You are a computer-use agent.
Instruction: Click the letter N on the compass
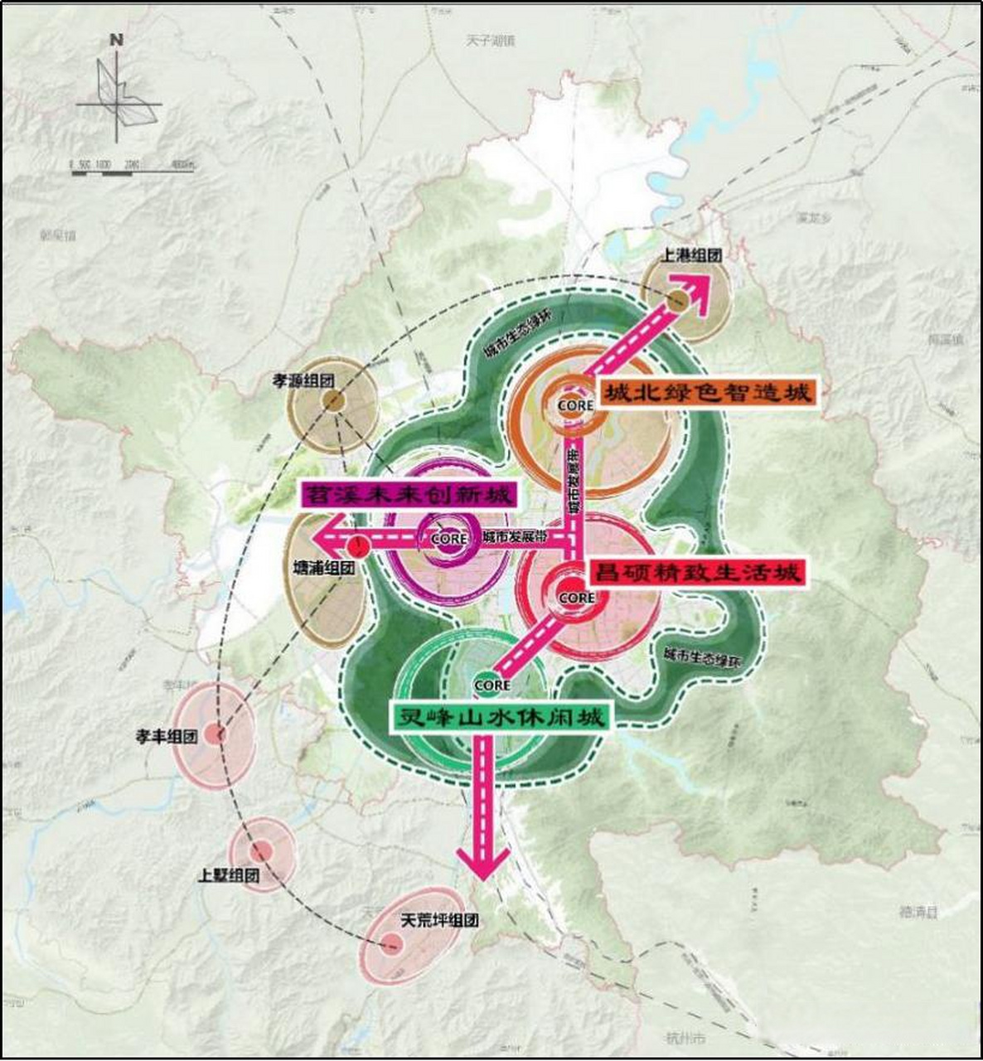[x=117, y=39]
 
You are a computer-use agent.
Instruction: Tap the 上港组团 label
[x=690, y=255]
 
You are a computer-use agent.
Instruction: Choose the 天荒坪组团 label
[x=439, y=920]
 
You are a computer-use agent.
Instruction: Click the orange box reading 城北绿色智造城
[x=707, y=393]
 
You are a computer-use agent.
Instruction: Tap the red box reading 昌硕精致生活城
[x=696, y=572]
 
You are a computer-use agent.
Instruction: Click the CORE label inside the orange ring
[x=575, y=405]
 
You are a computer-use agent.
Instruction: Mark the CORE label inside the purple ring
[x=450, y=538]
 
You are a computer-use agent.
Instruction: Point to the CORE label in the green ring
[x=491, y=686]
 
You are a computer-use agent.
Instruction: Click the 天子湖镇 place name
[x=490, y=40]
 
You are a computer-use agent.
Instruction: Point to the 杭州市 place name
[x=685, y=1038]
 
